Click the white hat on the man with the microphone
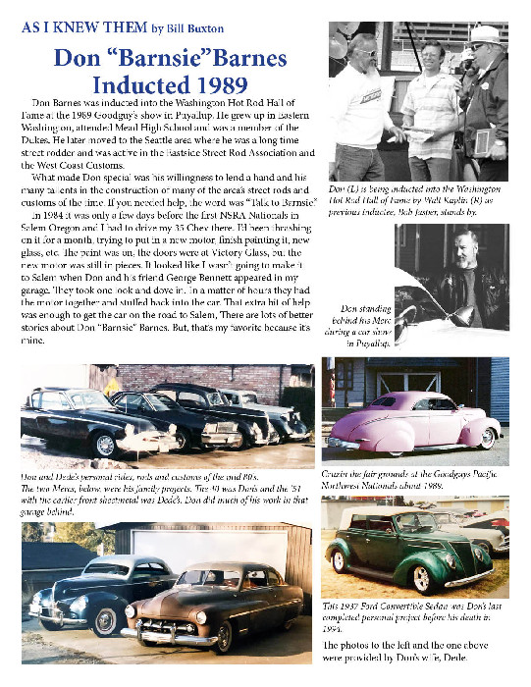485,35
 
